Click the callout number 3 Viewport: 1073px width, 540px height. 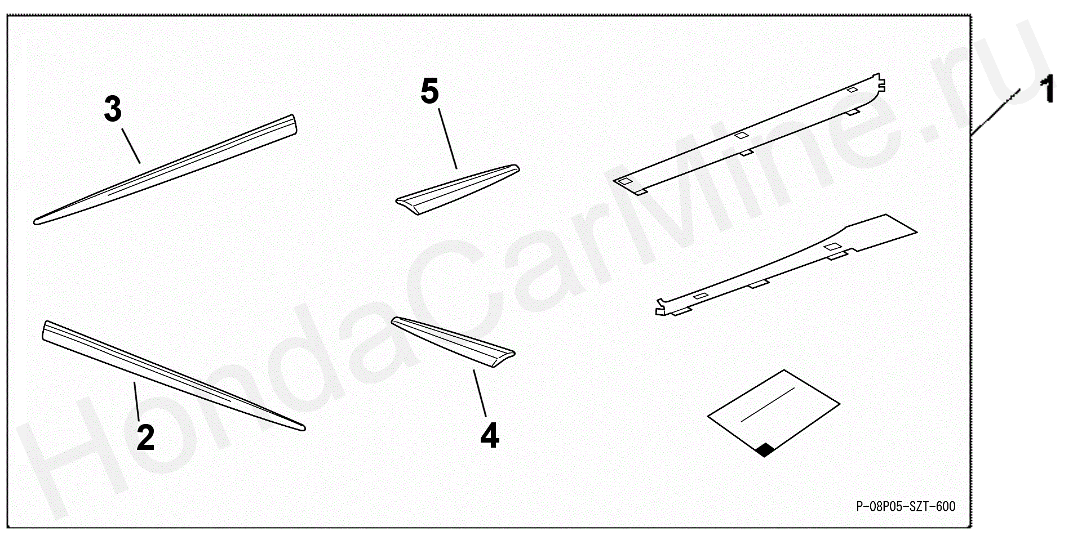click(x=113, y=109)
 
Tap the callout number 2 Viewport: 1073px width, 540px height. click(x=145, y=438)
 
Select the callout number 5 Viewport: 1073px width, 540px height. click(x=429, y=91)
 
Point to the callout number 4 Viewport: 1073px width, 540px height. click(x=490, y=435)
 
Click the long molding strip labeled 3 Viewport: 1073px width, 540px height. click(x=165, y=169)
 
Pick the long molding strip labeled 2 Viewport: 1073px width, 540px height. click(x=174, y=376)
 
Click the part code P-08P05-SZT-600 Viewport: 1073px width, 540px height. click(x=906, y=507)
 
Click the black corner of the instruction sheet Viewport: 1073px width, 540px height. click(x=765, y=449)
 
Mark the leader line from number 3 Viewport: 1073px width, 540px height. click(x=131, y=146)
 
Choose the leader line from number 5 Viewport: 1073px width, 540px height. click(x=447, y=139)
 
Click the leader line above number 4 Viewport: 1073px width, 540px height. click(x=480, y=393)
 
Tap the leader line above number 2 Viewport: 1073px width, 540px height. click(x=136, y=401)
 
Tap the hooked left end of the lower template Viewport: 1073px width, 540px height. click(x=663, y=306)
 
